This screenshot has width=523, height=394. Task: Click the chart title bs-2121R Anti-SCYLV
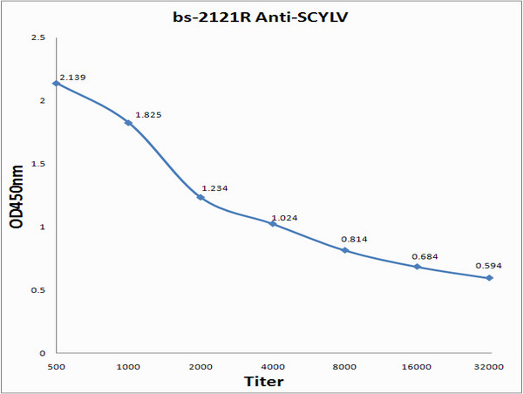tap(261, 17)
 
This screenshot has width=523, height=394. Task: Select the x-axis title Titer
tap(262, 381)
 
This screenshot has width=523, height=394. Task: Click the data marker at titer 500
tap(57, 84)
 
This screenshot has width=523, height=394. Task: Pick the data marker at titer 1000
tap(128, 123)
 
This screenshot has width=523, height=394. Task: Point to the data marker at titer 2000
tap(200, 197)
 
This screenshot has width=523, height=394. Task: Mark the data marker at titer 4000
tap(273, 224)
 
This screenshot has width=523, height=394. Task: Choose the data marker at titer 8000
tap(345, 250)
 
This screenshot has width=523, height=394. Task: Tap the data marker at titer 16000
tap(418, 267)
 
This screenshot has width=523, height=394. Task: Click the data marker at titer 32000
tap(490, 278)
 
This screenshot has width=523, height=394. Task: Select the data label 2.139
tap(72, 78)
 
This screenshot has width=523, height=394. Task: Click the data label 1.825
tap(148, 115)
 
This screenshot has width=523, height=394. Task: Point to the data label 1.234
tap(215, 188)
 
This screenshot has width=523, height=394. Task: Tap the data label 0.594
tap(488, 266)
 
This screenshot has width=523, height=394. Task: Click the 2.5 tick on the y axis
tap(38, 37)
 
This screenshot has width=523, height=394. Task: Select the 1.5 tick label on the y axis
tap(38, 164)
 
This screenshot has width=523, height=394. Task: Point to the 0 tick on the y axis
tap(42, 353)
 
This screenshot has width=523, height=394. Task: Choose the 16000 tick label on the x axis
tap(418, 367)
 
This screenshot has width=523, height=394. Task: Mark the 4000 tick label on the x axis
tap(273, 367)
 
